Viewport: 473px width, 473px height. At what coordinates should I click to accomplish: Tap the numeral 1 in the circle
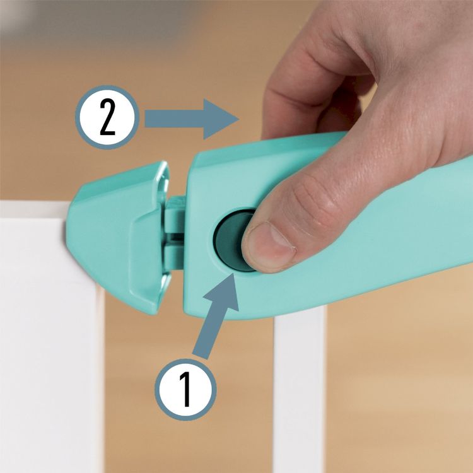[185, 389]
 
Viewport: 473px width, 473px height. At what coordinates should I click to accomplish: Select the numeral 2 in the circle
[107, 117]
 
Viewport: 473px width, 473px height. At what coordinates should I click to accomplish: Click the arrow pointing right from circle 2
[192, 119]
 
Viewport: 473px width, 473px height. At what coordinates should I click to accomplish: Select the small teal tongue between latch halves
[174, 232]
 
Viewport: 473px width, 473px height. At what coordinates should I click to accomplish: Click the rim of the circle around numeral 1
[185, 359]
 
